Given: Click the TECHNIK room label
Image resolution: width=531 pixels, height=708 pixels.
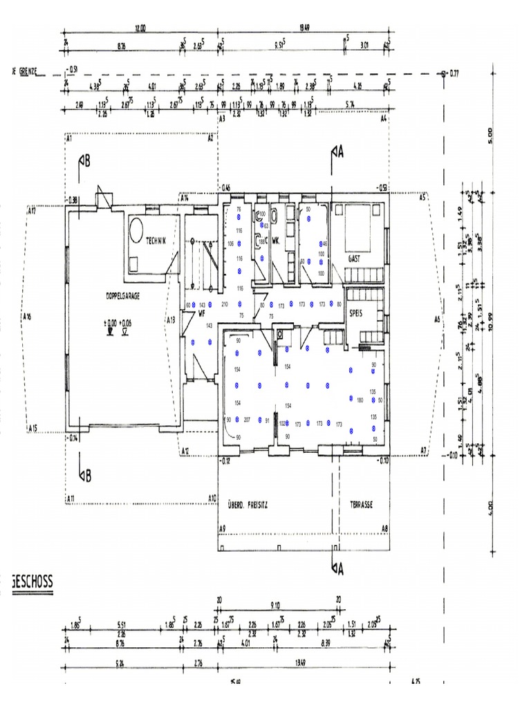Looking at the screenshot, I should pyautogui.click(x=157, y=241).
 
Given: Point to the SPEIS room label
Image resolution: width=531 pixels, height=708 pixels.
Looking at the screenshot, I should pyautogui.click(x=357, y=312).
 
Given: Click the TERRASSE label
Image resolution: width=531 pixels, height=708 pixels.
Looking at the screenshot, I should pyautogui.click(x=361, y=505).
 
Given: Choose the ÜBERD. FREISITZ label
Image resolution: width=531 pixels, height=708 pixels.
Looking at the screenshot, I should pyautogui.click(x=248, y=505).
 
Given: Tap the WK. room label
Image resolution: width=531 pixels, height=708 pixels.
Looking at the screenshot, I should pyautogui.click(x=275, y=241).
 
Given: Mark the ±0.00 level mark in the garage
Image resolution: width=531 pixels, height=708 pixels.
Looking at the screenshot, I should pyautogui.click(x=110, y=322).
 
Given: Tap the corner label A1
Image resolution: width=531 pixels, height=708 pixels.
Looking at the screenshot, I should pyautogui.click(x=69, y=138).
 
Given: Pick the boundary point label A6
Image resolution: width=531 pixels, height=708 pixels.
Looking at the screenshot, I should pyautogui.click(x=437, y=319).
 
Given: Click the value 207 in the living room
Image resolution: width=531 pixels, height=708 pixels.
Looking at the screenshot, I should pyautogui.click(x=247, y=420).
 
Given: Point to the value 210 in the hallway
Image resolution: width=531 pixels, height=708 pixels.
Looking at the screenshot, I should pyautogui.click(x=225, y=304).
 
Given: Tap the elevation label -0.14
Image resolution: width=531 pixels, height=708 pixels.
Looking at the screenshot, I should pyautogui.click(x=73, y=438).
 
